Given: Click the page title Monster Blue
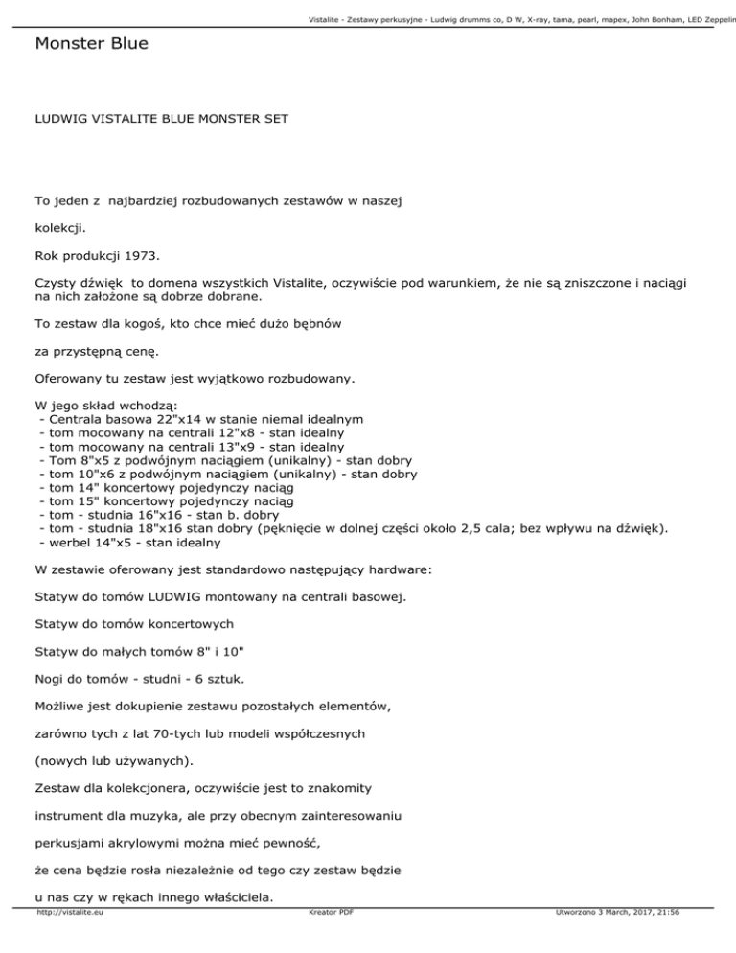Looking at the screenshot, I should coord(90,44).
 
